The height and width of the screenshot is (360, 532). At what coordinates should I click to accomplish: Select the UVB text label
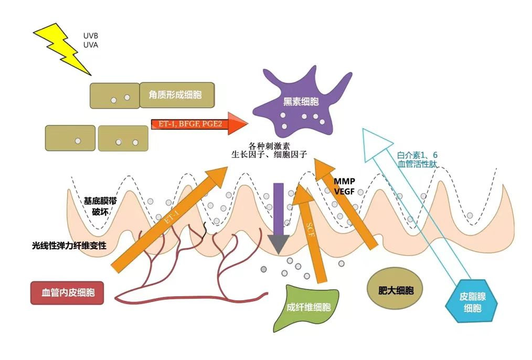[90, 36]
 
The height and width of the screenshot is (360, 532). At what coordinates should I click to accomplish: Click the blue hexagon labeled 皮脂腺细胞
[473, 303]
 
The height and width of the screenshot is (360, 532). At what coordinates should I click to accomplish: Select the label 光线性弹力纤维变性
[69, 246]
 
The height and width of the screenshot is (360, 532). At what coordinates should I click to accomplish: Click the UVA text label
[90, 45]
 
